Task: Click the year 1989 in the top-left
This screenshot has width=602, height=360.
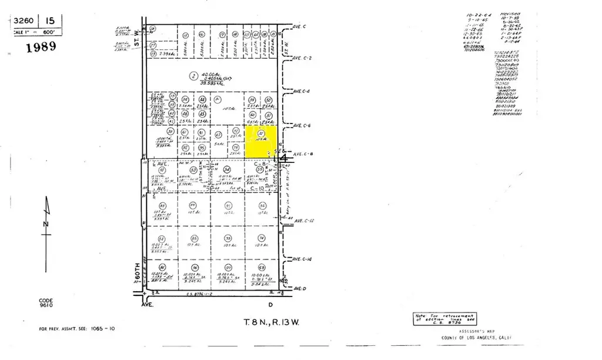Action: (x=41, y=47)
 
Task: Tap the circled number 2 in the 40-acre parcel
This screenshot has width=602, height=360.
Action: (x=193, y=75)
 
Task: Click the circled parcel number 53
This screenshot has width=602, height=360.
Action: (x=193, y=170)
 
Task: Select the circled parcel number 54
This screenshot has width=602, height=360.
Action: (x=227, y=170)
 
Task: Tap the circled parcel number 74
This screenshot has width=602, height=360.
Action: (x=261, y=237)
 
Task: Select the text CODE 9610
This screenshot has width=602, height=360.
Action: (x=46, y=303)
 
